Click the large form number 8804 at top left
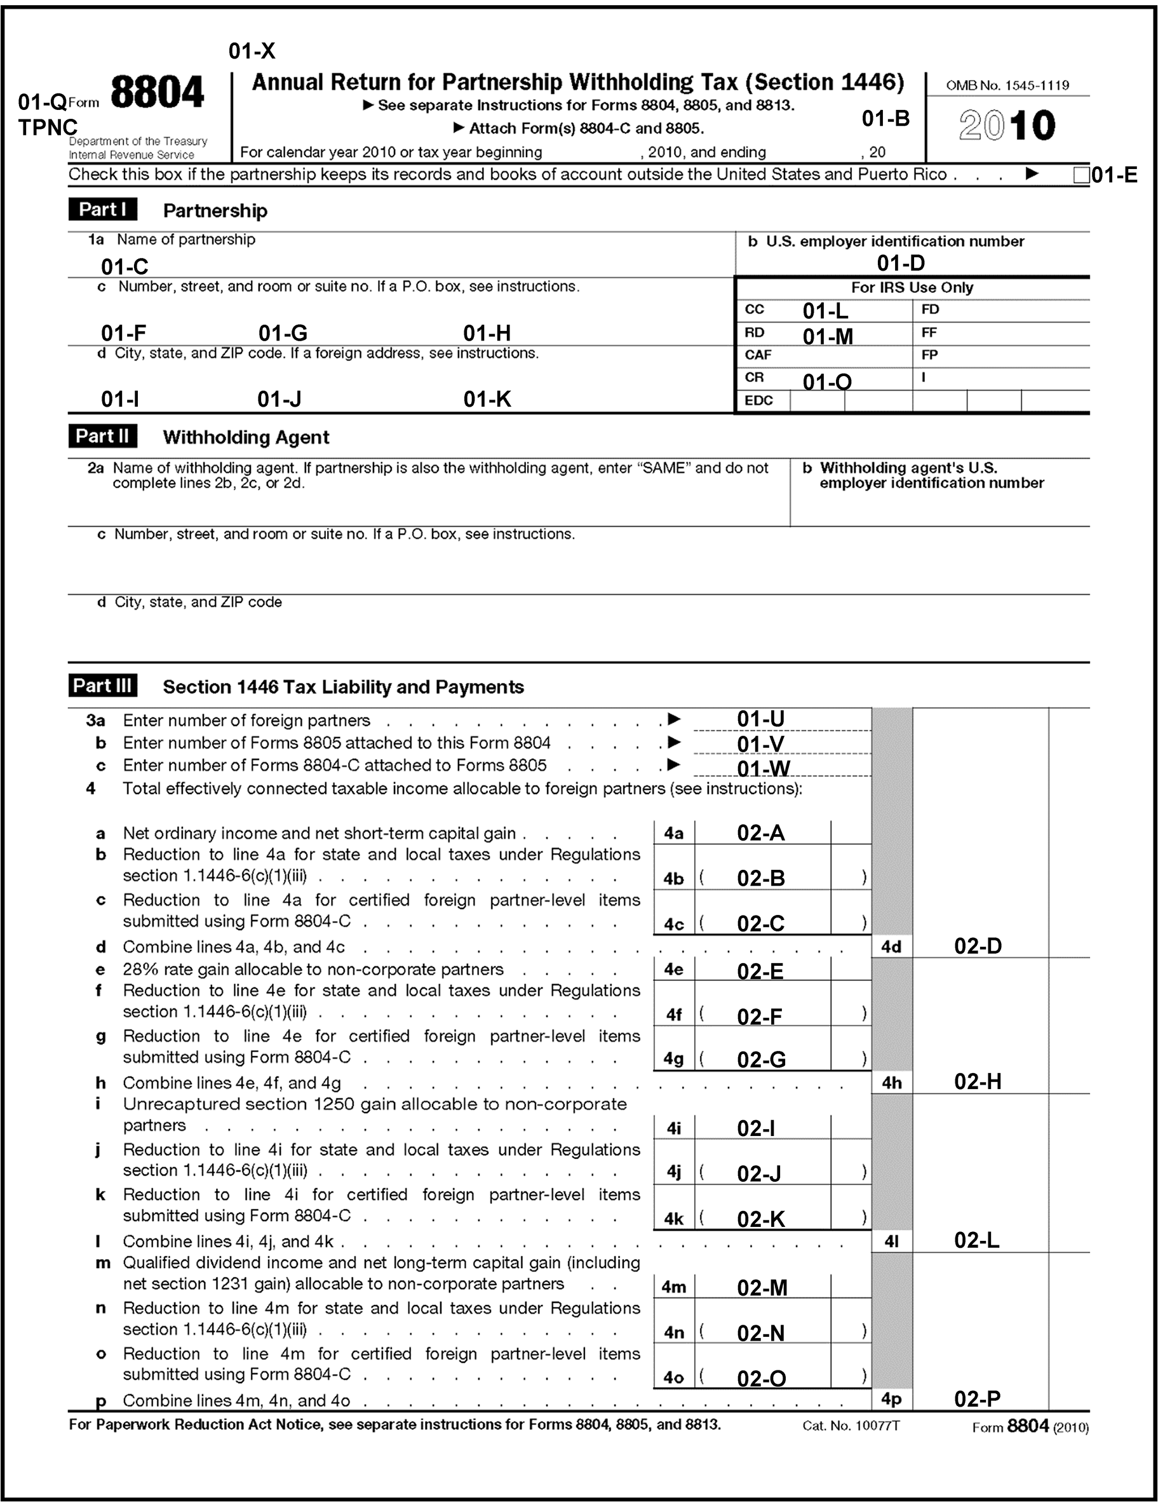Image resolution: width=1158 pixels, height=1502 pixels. (157, 93)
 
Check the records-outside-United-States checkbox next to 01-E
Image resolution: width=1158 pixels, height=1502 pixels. (1081, 176)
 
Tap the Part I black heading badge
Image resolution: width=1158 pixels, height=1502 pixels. (102, 209)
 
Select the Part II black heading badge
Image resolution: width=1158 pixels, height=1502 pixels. (102, 436)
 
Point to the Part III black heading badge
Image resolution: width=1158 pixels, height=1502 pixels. (102, 686)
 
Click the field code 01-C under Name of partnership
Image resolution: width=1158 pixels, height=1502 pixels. (125, 266)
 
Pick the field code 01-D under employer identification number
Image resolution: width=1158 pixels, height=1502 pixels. (900, 262)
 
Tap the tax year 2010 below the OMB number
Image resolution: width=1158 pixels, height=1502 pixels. (1007, 126)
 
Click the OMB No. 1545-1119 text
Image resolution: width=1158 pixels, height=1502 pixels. (1007, 86)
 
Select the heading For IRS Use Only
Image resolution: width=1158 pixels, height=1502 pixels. (912, 287)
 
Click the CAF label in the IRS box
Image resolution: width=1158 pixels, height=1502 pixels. (758, 355)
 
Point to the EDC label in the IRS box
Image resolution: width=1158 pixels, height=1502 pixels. (758, 401)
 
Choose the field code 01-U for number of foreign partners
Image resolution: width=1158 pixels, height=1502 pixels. (760, 719)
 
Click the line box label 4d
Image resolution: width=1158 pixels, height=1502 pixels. (891, 947)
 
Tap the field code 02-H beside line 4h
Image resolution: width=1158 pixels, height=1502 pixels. (977, 1082)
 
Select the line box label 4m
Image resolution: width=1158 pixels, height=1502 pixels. (673, 1287)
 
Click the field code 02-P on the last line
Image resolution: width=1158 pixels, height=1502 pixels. (977, 1399)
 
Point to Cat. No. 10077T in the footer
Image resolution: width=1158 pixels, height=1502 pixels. (851, 1426)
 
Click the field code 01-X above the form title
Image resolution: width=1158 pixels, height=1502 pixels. (252, 51)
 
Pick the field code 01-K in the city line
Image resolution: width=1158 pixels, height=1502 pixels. (487, 399)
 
